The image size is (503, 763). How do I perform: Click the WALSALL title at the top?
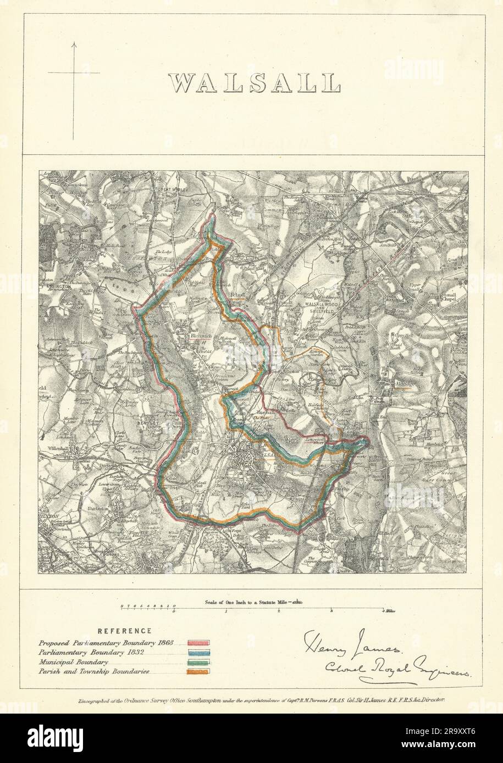[x=254, y=83]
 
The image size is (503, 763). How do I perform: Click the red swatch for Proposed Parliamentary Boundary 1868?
[x=200, y=642]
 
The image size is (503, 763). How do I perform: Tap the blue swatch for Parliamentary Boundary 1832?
[x=200, y=652]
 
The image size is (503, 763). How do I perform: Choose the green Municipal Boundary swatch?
[x=200, y=662]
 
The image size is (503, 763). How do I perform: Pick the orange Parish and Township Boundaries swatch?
[x=200, y=671]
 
